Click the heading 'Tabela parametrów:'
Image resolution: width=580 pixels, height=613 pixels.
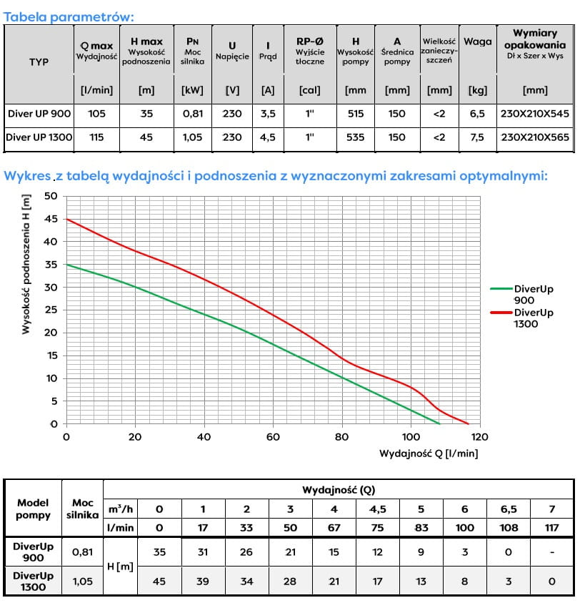pyautogui.click(x=69, y=16)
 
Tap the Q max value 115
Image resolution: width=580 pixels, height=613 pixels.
pyautogui.click(x=96, y=137)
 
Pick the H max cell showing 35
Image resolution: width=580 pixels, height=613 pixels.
pyautogui.click(x=146, y=114)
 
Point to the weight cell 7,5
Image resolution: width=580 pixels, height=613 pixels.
pyautogui.click(x=477, y=137)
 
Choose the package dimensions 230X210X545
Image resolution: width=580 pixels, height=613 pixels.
pyautogui.click(x=535, y=114)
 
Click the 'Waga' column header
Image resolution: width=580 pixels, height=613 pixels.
pyautogui.click(x=477, y=41)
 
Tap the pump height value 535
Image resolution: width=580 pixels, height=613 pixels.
pyautogui.click(x=356, y=137)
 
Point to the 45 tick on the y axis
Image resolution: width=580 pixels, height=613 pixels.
pyautogui.click(x=50, y=219)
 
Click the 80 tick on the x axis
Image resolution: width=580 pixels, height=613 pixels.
pyautogui.click(x=342, y=437)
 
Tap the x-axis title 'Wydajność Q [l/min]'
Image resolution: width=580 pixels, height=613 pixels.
pyautogui.click(x=429, y=453)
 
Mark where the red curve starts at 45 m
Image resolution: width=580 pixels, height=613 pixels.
pyautogui.click(x=66, y=219)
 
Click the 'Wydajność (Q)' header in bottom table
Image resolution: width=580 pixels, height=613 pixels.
pyautogui.click(x=338, y=490)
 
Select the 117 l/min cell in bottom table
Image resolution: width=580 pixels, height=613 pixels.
pyautogui.click(x=551, y=527)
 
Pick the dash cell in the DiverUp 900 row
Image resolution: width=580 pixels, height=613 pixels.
pyautogui.click(x=551, y=551)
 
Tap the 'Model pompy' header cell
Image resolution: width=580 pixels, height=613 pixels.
pyautogui.click(x=33, y=509)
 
